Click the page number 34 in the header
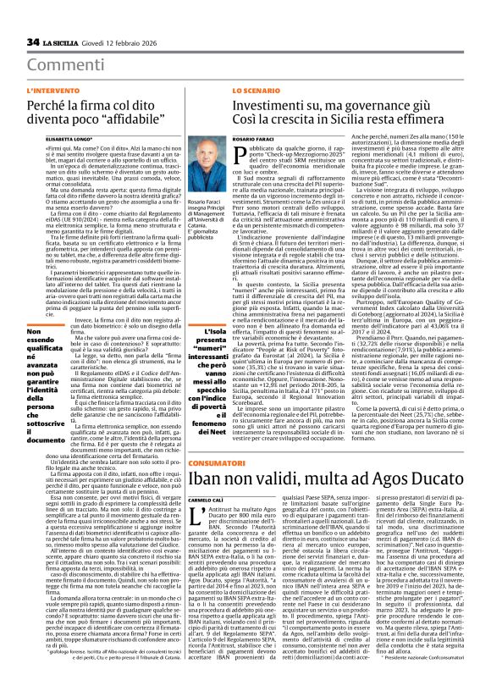point(34,42)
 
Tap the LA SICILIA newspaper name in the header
point(62,42)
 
